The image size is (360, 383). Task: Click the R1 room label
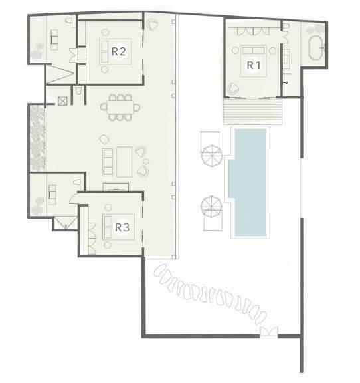tap(252, 65)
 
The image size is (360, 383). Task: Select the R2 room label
tap(119, 50)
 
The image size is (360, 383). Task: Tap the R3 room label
tap(122, 227)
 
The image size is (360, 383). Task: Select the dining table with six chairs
tap(121, 107)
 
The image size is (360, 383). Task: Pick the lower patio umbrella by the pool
tap(211, 205)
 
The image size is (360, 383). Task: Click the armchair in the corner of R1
tap(233, 88)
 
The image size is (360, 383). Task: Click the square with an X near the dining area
tap(63, 102)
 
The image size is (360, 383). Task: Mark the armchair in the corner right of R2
tap(153, 26)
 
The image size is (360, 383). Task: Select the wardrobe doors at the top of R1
tap(252, 31)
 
